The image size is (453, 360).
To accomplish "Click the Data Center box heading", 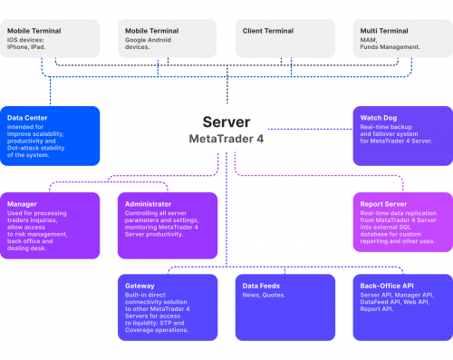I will point(28,118).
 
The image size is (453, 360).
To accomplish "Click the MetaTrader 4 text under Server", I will point(226,140).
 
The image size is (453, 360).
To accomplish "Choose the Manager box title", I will point(23,204).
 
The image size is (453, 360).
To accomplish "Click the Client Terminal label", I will point(269,31).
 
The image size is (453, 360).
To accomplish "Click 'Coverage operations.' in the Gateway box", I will point(156,330).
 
